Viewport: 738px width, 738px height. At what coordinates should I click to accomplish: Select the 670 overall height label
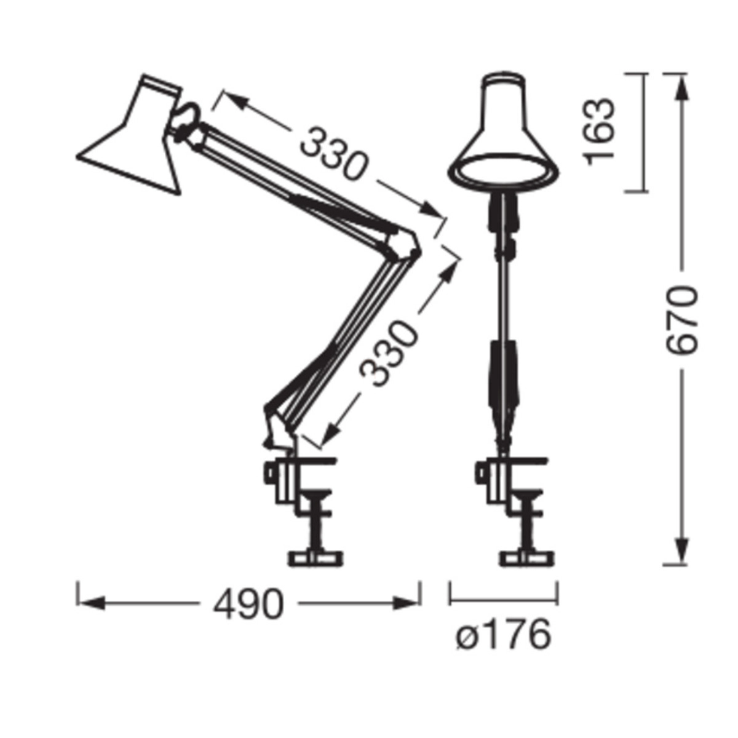681,320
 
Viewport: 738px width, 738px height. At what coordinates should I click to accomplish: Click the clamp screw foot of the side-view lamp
315,558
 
